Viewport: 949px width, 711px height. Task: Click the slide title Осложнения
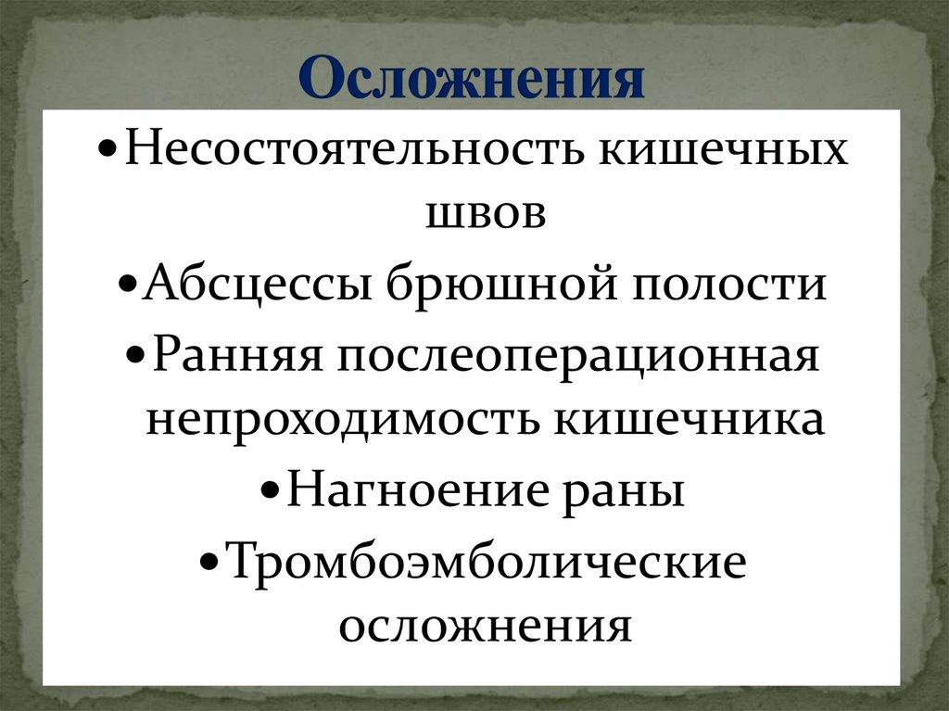(x=473, y=80)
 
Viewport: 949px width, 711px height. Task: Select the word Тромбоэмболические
(x=486, y=562)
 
